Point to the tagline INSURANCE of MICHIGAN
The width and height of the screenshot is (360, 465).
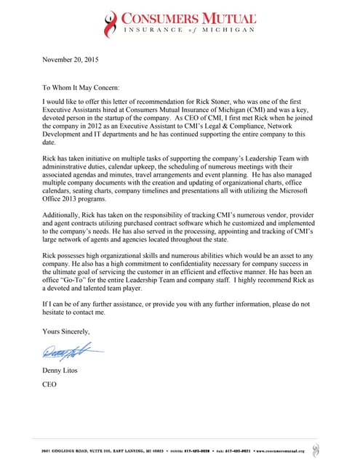188,31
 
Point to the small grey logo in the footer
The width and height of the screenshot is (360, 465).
313,449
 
